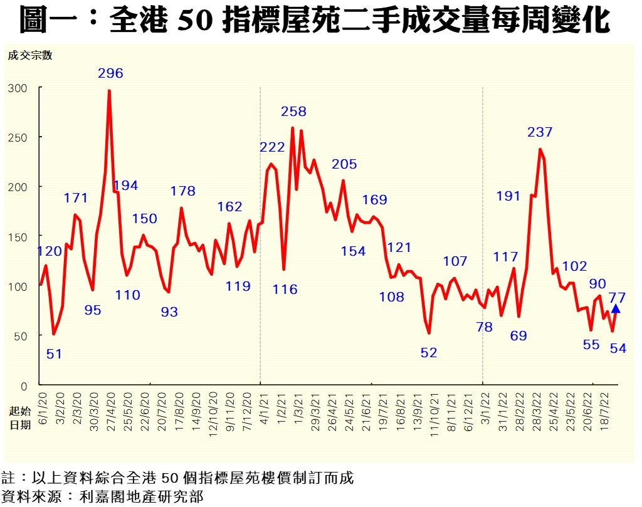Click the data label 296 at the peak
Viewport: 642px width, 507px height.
(x=110, y=73)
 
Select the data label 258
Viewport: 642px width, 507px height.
(x=293, y=112)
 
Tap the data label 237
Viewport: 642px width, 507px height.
(x=540, y=132)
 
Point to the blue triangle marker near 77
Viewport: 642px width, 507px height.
(x=616, y=308)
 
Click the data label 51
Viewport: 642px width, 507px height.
(x=55, y=353)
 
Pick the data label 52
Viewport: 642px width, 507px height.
(x=429, y=353)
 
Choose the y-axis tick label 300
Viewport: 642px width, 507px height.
(x=18, y=88)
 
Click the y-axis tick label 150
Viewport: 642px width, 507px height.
(x=18, y=237)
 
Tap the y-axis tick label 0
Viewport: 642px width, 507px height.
(x=24, y=385)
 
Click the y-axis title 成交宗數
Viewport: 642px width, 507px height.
(x=29, y=55)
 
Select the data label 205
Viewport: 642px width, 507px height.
(x=344, y=164)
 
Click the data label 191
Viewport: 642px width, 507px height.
(x=508, y=196)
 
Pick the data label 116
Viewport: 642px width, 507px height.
(x=285, y=290)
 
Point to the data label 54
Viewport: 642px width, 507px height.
(x=618, y=348)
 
